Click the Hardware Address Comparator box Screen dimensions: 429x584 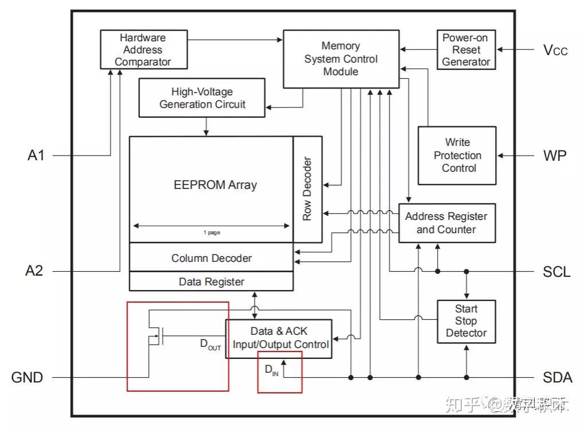[x=143, y=50]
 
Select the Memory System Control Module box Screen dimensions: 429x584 [x=341, y=59]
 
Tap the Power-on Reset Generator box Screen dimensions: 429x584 [x=466, y=50]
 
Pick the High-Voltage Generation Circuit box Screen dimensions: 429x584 [x=202, y=98]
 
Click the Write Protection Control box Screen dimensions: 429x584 [x=457, y=155]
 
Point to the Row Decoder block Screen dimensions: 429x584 [x=307, y=189]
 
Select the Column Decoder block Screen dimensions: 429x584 [x=211, y=258]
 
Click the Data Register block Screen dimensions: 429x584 [x=211, y=281]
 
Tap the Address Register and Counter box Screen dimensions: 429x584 [x=446, y=223]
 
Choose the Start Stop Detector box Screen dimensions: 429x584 [x=466, y=321]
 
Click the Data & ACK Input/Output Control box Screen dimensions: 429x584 [x=279, y=338]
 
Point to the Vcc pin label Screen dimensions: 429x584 [x=555, y=50]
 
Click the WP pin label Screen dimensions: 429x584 [x=555, y=156]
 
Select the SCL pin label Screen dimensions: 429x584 [x=556, y=271]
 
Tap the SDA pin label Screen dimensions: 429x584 [x=557, y=377]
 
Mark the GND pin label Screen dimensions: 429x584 [x=27, y=377]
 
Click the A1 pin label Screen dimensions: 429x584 [x=36, y=156]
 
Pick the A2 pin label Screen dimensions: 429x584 [x=34, y=271]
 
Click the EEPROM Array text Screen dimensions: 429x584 [x=215, y=185]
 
